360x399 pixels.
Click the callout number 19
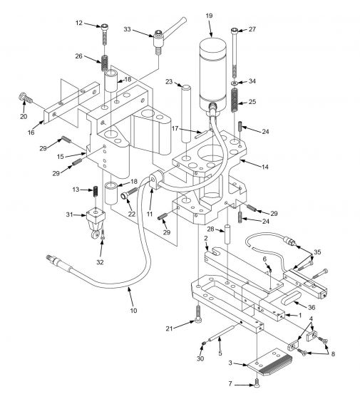click(209, 16)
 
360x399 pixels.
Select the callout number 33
click(127, 29)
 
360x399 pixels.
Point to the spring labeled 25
click(235, 100)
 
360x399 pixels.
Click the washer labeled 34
click(235, 83)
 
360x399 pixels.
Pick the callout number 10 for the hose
click(133, 311)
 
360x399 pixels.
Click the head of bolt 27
click(235, 31)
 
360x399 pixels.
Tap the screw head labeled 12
click(105, 26)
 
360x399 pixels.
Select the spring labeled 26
click(105, 63)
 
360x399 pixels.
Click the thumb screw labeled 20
click(25, 98)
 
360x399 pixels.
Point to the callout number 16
click(31, 133)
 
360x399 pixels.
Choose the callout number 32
click(100, 262)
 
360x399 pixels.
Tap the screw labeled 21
click(198, 314)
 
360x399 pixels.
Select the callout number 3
click(230, 363)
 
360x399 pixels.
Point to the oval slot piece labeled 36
click(292, 299)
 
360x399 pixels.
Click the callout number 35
click(317, 252)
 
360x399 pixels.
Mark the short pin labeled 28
click(227, 234)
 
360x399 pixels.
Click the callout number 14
click(265, 167)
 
